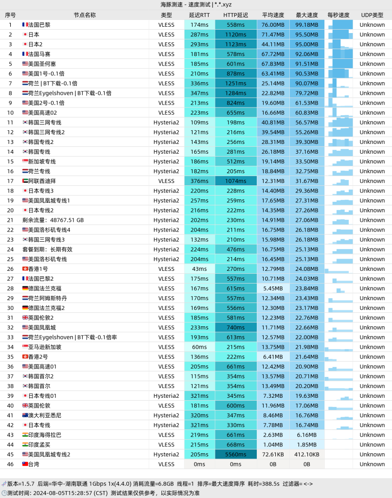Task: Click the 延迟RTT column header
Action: tap(199, 15)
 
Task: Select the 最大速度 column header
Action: tap(307, 15)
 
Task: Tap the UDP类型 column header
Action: tap(372, 15)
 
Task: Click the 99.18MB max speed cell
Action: tap(307, 25)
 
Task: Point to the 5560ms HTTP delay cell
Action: tap(236, 455)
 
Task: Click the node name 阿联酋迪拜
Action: tap(42, 181)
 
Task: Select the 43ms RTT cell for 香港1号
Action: tap(199, 269)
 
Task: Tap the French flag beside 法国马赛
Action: tap(25, 54)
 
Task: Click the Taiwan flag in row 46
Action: tap(25, 464)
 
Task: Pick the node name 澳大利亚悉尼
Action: tap(45, 415)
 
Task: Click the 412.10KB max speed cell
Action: tap(307, 455)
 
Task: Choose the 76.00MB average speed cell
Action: tap(273, 25)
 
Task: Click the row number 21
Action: tap(10, 220)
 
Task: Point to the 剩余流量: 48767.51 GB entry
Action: tap(53, 220)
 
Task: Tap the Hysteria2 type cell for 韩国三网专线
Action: tap(166, 123)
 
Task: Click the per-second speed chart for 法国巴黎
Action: tap(340, 25)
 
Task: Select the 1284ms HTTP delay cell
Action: tap(236, 93)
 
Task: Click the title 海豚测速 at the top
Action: tap(172, 4)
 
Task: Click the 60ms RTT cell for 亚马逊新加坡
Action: tap(199, 347)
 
